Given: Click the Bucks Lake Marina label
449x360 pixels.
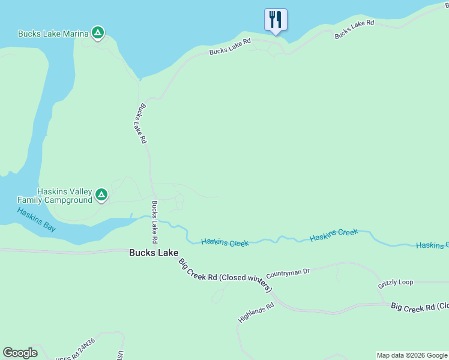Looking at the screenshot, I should coord(53,34).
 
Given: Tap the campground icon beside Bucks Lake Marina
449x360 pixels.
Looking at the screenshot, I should coord(98,33).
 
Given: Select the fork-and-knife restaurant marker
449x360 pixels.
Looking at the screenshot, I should coord(276,19).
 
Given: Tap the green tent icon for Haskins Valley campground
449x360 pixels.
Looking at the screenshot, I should coord(101,194).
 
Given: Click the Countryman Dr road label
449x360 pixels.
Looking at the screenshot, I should coord(288,272).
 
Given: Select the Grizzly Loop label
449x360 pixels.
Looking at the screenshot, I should coord(396,283).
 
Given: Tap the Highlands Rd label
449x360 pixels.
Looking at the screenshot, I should coord(256,313).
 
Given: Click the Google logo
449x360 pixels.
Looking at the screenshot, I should coord(20,353).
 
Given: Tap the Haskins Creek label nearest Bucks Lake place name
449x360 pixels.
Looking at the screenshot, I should coord(224,242).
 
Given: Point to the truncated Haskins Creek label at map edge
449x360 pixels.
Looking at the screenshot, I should coord(432,245).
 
